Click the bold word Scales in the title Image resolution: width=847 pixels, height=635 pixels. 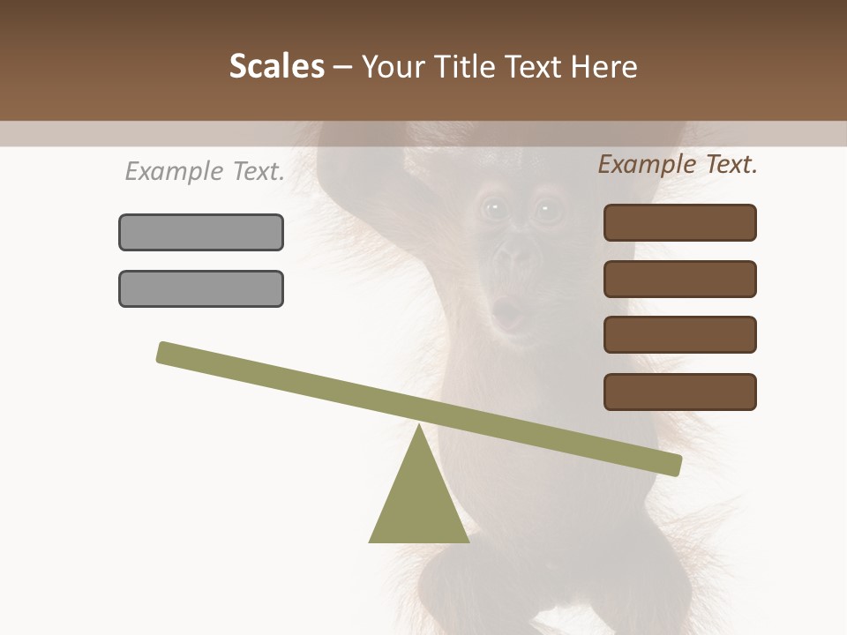tap(276, 67)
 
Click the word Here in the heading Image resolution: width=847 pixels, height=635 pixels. tap(604, 67)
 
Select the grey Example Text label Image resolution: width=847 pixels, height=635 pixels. tap(205, 171)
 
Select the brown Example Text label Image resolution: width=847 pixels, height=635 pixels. tap(678, 164)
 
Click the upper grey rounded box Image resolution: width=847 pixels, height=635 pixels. tap(201, 232)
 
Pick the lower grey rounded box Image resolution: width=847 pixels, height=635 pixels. tap(201, 288)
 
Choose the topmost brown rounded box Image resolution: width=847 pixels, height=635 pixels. tap(679, 222)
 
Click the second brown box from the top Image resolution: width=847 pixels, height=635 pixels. tap(679, 279)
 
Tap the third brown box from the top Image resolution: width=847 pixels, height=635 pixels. tap(679, 335)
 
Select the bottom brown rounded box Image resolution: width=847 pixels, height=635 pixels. tap(679, 392)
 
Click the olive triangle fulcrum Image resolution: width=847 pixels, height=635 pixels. tap(419, 503)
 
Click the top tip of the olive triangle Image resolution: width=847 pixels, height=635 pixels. tap(419, 428)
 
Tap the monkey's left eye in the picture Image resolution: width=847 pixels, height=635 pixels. tap(493, 209)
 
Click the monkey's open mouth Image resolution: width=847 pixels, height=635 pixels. tap(506, 310)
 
